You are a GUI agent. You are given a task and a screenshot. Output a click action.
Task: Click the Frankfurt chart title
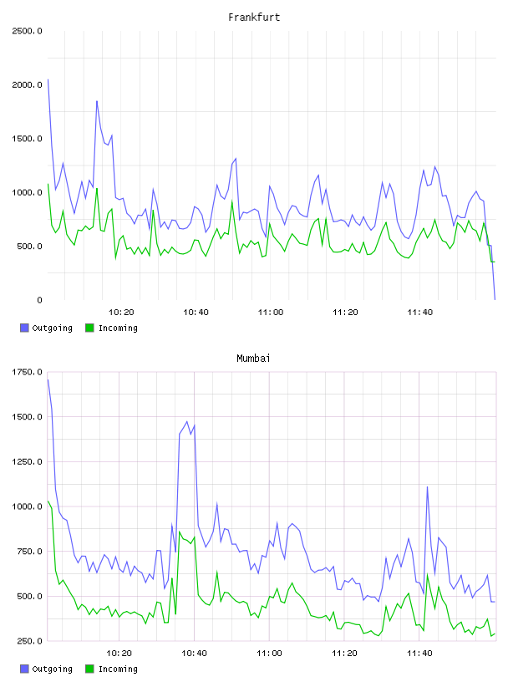coord(254,18)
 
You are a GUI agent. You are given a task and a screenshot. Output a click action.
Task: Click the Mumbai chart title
coord(253,359)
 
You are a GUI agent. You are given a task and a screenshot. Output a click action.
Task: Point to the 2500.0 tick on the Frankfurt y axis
coord(27,31)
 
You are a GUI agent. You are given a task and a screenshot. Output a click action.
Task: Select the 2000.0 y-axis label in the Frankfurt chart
coord(27,84)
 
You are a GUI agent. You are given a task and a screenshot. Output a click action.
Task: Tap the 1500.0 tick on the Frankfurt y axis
coord(27,139)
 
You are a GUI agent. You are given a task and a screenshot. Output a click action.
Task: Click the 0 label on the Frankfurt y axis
coord(39,300)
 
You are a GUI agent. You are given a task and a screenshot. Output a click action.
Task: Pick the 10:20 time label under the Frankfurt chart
coord(121,313)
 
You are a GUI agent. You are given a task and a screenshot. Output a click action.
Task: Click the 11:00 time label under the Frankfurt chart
coord(271,313)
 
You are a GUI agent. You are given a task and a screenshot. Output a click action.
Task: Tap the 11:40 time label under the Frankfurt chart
coord(420,313)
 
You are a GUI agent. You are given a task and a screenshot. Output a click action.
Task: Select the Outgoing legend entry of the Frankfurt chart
coord(46,328)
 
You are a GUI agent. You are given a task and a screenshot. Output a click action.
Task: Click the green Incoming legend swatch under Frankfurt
coord(89,328)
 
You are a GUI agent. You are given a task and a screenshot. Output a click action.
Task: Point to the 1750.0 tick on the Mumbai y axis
coord(27,372)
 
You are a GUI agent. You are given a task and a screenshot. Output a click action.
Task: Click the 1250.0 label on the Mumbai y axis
coord(27,461)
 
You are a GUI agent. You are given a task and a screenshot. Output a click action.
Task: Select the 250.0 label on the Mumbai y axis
coord(29,641)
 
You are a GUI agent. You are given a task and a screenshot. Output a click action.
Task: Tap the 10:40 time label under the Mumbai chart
coord(194,654)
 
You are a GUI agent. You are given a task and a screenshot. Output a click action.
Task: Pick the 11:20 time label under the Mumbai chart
coord(344,654)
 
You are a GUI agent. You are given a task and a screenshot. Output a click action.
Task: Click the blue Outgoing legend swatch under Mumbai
coord(24,669)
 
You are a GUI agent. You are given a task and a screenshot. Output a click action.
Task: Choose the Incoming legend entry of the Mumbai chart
coord(111,669)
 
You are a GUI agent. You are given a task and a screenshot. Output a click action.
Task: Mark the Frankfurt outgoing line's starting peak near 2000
coord(48,79)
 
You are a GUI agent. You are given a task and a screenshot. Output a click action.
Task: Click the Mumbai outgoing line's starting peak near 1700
coord(48,379)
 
